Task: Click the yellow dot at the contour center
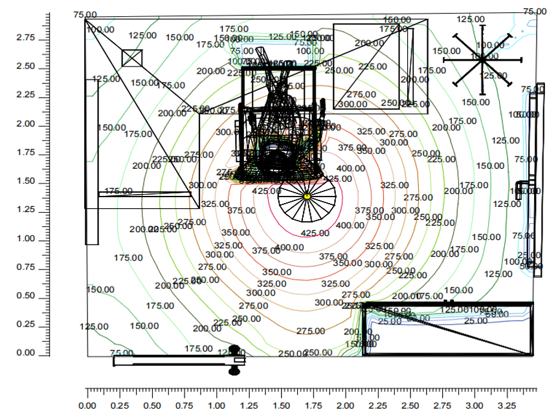click(x=307, y=196)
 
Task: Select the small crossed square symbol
click(x=132, y=58)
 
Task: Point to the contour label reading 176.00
click(x=118, y=191)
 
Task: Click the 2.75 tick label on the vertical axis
click(x=27, y=38)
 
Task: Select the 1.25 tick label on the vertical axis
click(x=27, y=210)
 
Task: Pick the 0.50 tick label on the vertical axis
click(x=27, y=296)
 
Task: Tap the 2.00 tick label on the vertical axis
click(x=27, y=124)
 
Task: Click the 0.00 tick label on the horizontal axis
click(x=87, y=405)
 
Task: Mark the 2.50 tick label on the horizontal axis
click(x=410, y=405)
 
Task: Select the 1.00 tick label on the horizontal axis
click(x=217, y=405)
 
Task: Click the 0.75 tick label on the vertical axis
click(x=27, y=268)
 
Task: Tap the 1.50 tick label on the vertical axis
click(x=27, y=182)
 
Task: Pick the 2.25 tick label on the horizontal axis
click(x=378, y=405)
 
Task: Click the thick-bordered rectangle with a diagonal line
click(x=448, y=329)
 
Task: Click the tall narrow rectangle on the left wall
click(x=92, y=162)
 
